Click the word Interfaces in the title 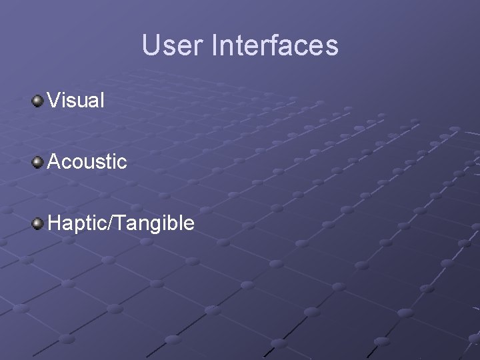(275, 45)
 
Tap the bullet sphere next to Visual (38, 101)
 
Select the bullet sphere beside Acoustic (38, 161)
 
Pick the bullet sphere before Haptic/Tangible (38, 222)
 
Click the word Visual (76, 101)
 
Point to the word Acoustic (87, 161)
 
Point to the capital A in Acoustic (55, 161)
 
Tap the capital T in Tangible (117, 222)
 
